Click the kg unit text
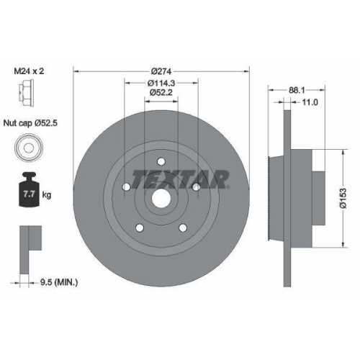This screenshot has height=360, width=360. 46,195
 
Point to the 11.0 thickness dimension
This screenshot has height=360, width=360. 309,102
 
